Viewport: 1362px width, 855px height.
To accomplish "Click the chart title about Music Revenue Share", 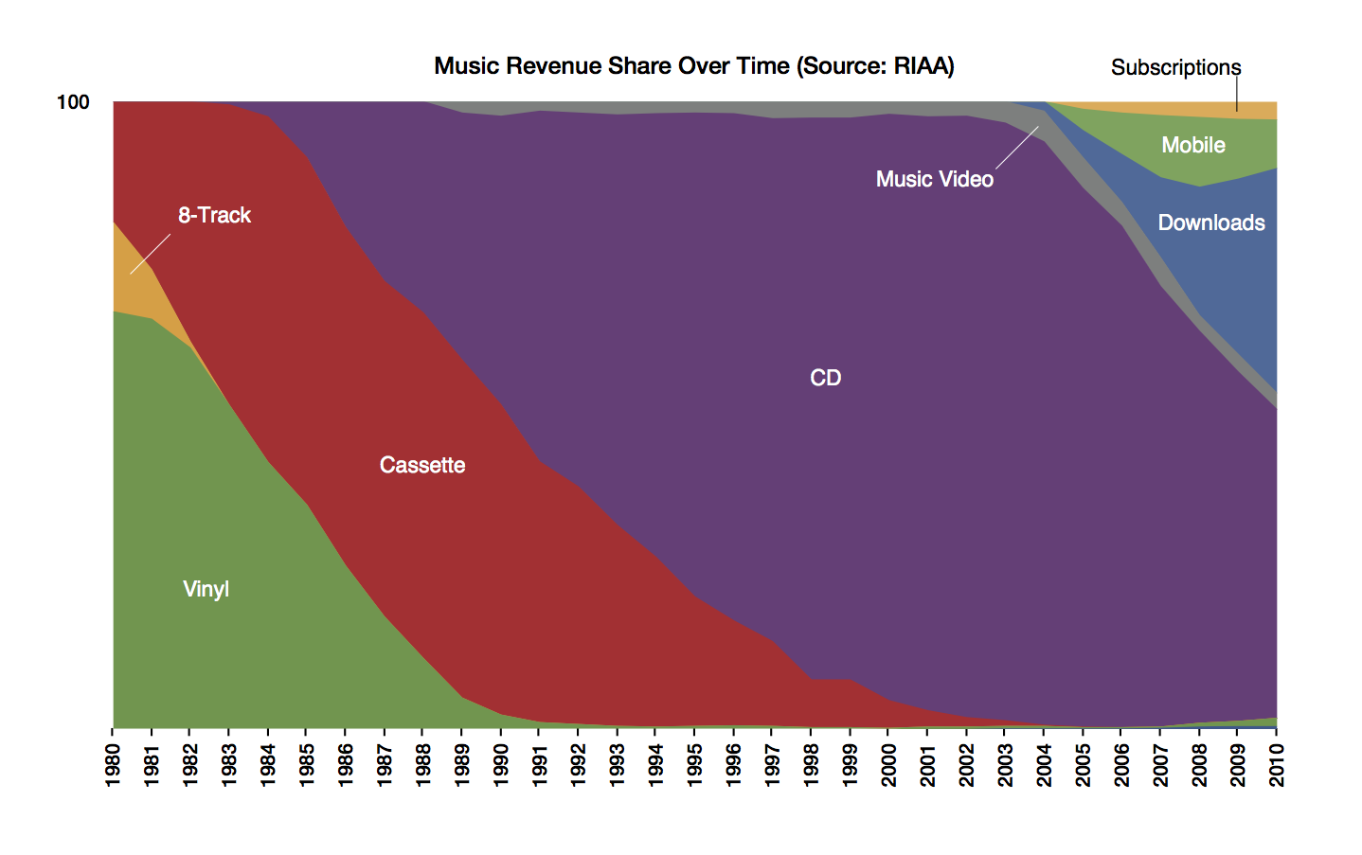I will (693, 66).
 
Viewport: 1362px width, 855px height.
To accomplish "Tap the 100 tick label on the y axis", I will (73, 102).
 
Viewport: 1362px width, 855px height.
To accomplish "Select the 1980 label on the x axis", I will (114, 765).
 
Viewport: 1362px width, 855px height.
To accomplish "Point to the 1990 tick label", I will (501, 765).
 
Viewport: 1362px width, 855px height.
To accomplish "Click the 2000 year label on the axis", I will (889, 765).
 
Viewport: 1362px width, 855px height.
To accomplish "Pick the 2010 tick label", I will (1277, 765).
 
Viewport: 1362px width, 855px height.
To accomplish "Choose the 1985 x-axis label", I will (308, 765).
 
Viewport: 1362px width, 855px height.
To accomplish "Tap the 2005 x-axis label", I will (1083, 765).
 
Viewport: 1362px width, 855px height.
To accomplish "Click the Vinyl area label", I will (206, 589).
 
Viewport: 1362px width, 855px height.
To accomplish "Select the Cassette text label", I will (422, 465).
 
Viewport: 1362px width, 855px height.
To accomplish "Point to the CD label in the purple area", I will (825, 378).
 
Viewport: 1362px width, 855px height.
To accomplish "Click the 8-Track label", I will (214, 216).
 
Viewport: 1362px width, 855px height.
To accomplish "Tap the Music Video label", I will (934, 179).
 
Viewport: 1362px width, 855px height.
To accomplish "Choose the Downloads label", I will (1211, 223).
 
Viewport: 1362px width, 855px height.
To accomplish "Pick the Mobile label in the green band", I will (1193, 145).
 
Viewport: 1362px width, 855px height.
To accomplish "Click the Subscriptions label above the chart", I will (1175, 67).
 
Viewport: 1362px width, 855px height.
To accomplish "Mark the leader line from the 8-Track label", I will (151, 254).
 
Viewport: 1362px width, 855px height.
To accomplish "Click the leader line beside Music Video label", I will (1017, 148).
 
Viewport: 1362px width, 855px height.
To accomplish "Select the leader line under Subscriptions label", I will (1236, 95).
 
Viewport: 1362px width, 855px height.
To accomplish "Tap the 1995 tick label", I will (695, 765).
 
